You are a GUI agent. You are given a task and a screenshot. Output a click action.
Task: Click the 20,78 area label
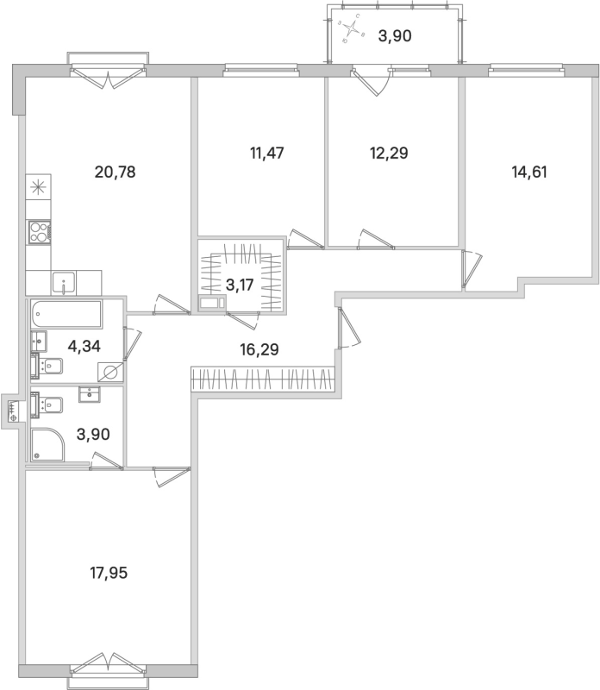[x=116, y=172]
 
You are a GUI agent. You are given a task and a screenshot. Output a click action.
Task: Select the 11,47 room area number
[x=266, y=153]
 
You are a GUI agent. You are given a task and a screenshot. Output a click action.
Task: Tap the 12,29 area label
[x=388, y=153]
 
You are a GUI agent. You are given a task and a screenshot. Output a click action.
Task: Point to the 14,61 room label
[x=529, y=172]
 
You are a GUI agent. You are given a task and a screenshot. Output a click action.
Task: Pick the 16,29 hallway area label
[x=261, y=349]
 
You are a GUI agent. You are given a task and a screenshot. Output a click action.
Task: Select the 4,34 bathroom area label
[x=84, y=347]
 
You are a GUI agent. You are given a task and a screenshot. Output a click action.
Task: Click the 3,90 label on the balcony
[x=397, y=36]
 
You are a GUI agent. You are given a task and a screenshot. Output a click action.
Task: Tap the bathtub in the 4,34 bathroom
[x=66, y=314]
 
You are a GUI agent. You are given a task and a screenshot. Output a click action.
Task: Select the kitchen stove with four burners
[x=40, y=230]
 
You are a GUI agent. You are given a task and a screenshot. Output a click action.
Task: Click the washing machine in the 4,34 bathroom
[x=109, y=372]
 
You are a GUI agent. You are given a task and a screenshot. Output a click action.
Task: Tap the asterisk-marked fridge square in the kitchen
[x=40, y=186]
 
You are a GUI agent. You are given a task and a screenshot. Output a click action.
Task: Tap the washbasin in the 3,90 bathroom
[x=91, y=394]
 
